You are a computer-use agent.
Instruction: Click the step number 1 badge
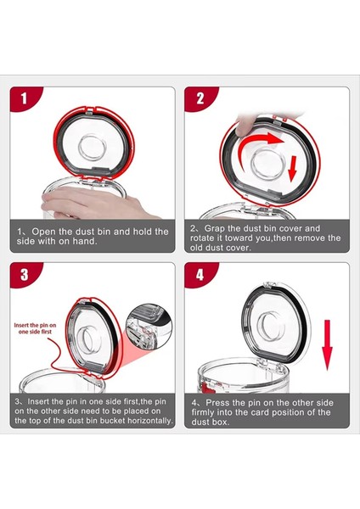coord(24,98)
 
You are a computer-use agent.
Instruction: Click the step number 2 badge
coord(199,98)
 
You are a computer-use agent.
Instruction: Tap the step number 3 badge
coord(24,274)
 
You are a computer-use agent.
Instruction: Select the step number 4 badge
coord(199,274)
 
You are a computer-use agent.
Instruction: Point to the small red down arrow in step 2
coord(293,168)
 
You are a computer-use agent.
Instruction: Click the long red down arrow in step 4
coord(327,344)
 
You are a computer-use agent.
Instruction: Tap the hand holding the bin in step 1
coord(94,203)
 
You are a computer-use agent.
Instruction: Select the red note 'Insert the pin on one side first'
coord(35,328)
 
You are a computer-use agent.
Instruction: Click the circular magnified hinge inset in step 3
coord(149,327)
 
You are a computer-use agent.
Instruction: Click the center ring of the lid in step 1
coord(93,148)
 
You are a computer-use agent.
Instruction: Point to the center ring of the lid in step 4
coord(269,327)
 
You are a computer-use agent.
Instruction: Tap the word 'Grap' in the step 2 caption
coord(215,229)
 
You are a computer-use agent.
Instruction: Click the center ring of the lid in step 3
coord(88,339)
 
